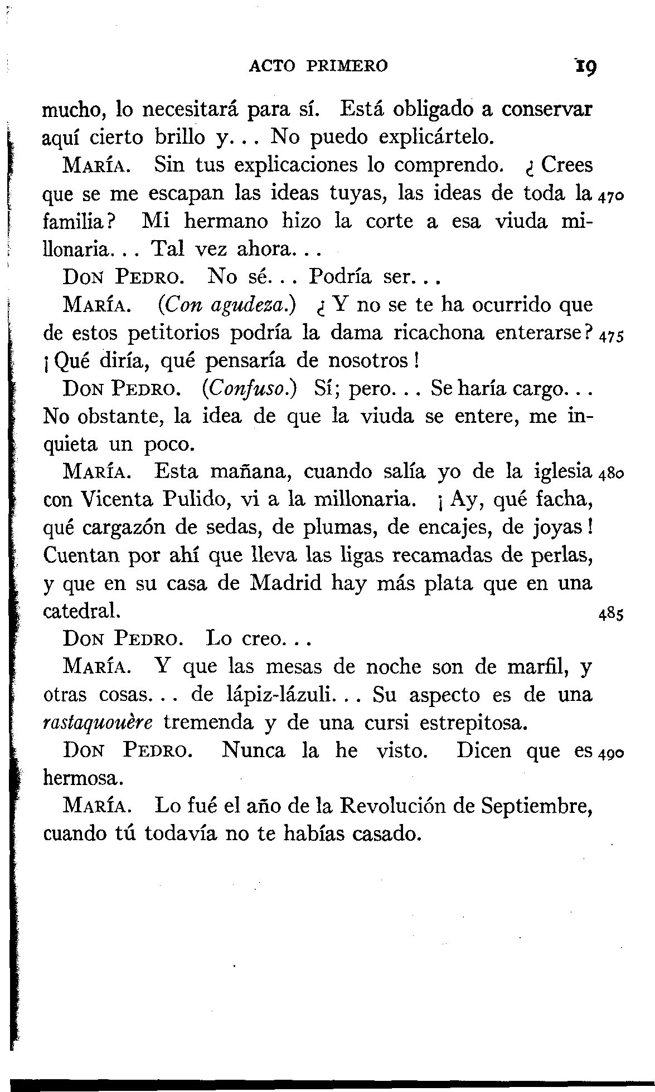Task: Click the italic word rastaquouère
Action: click(x=98, y=723)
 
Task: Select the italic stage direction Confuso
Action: click(x=249, y=388)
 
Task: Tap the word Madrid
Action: click(x=287, y=583)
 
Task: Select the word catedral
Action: click(x=80, y=611)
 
